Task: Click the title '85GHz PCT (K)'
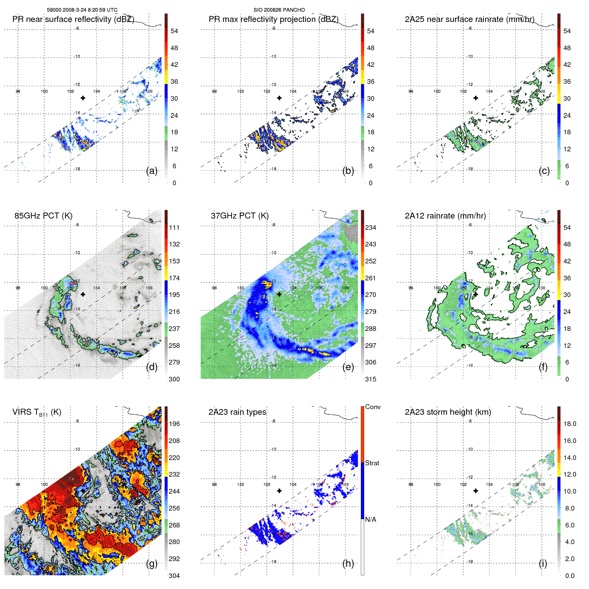coord(43,216)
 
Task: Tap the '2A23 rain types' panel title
coord(237,412)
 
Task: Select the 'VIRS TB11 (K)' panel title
coord(37,412)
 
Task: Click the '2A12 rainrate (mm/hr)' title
coord(445,216)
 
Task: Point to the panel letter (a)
coord(152,171)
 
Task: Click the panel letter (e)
coord(348,367)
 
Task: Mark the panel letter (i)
coord(543,563)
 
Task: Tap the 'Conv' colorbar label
coord(372,407)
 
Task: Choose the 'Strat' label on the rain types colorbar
coord(372,463)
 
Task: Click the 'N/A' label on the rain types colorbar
coord(370,519)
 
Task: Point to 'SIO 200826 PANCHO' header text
coord(279,10)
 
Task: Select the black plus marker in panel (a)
coord(83,98)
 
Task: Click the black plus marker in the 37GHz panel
coord(279,294)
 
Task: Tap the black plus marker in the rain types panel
coord(279,491)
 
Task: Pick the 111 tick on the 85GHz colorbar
coord(174,227)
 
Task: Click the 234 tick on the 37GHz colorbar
coord(370,227)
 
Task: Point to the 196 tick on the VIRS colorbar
coord(174,424)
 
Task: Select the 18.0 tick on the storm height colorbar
coord(569,424)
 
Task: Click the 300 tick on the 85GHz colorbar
coord(174,379)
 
